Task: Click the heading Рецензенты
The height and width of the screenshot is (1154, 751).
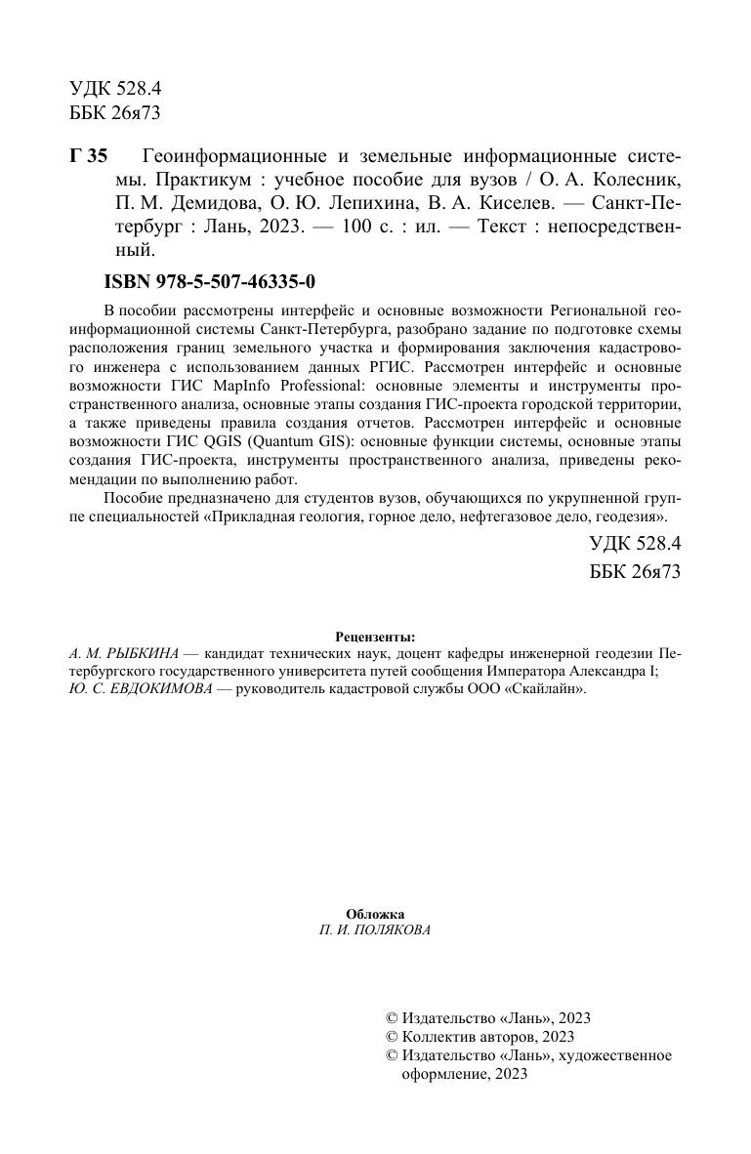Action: (x=375, y=636)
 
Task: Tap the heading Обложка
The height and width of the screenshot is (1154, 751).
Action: (x=375, y=913)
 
